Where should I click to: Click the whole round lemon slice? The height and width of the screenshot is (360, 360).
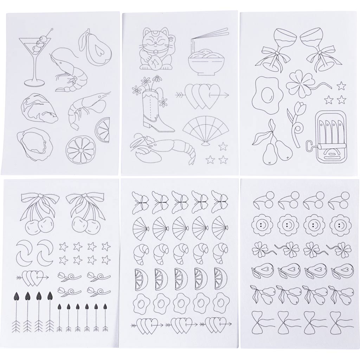point(80,150)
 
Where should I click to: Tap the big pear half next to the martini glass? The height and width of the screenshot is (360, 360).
point(96,49)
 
